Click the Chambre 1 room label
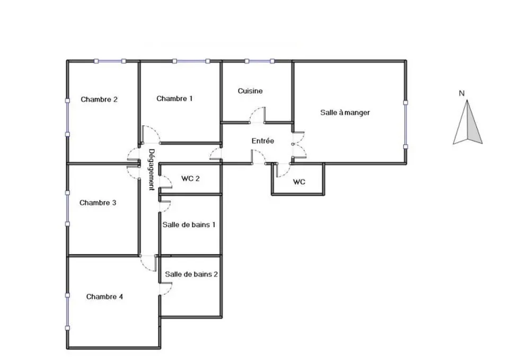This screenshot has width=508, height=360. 174,99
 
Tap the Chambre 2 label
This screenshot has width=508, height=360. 99,100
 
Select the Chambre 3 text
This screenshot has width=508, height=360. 98,203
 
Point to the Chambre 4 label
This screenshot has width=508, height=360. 104,297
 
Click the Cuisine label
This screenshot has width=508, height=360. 250,91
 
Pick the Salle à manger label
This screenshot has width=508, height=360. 345,113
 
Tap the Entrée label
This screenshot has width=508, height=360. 262,141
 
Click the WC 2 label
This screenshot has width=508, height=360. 190,179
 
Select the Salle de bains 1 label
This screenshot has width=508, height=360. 189,225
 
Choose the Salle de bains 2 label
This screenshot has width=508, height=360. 191,275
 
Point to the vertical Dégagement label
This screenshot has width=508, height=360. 151,170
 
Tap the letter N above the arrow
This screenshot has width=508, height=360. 462,93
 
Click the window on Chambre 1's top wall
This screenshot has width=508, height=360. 191,61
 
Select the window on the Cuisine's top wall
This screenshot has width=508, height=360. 259,61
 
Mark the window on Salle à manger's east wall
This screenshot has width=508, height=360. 405,125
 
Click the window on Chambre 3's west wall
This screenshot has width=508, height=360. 67,208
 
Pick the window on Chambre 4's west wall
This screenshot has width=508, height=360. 67,312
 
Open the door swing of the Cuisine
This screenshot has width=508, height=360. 258,115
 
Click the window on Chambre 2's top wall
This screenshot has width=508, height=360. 110,61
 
